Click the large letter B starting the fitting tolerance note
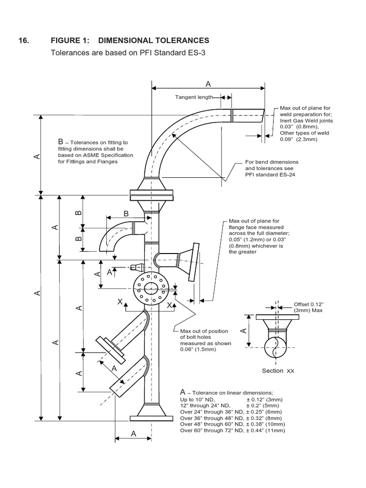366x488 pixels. click(x=61, y=142)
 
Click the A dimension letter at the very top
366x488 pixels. click(x=208, y=84)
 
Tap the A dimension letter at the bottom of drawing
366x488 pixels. click(x=133, y=434)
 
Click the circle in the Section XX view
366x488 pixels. click(x=276, y=346)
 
